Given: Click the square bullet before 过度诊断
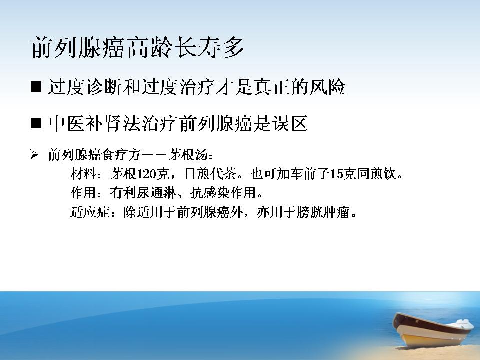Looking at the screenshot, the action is pos(36,86).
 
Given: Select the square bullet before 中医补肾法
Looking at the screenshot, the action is pos(36,123).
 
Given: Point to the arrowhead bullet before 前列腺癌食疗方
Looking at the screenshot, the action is pos(34,155).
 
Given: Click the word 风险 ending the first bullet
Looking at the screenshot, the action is pos(327,87).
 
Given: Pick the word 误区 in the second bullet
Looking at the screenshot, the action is pos(289,123).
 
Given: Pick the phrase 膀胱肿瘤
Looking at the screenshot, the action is pos(323,212).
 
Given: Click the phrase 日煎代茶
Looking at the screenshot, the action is pos(210,174).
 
